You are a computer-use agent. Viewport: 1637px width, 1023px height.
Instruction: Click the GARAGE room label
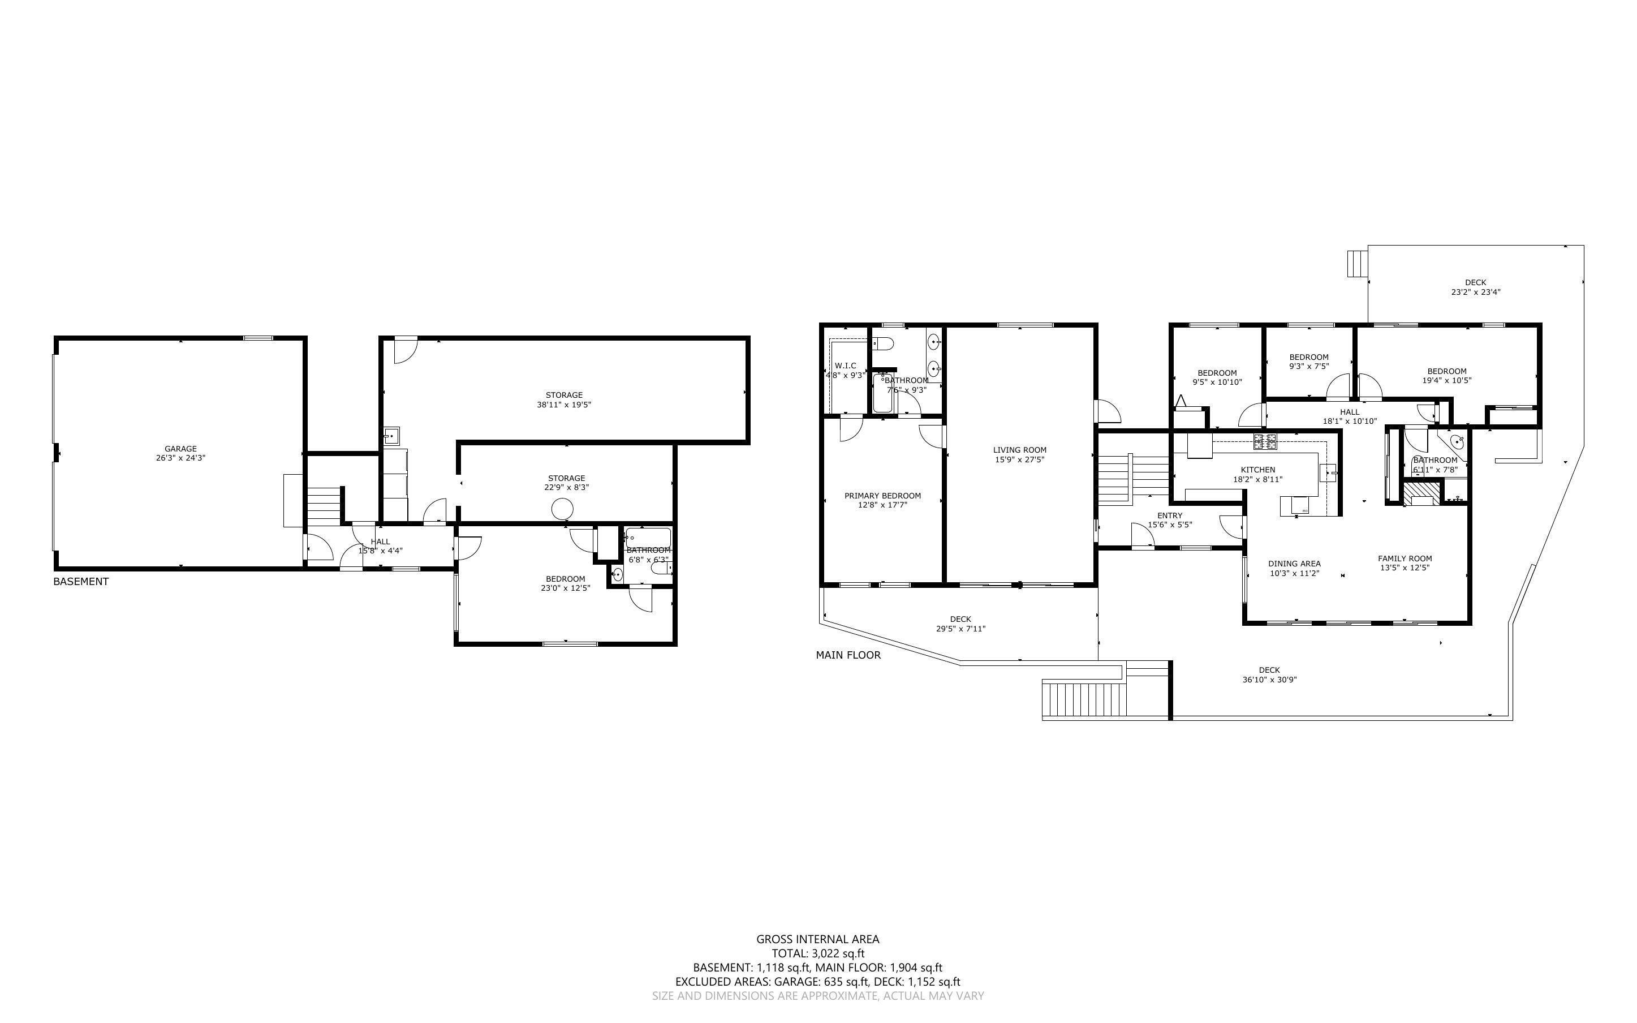click(180, 449)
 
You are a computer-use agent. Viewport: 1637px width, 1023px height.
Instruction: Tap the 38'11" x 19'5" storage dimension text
click(564, 405)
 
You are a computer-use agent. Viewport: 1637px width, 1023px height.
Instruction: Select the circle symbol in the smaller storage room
click(562, 509)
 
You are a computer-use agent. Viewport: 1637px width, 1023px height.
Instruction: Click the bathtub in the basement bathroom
click(648, 538)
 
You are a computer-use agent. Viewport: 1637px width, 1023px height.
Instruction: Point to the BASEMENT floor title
click(80, 581)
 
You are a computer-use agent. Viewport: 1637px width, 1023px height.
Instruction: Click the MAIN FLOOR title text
click(848, 655)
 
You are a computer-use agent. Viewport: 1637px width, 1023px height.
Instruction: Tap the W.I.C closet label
click(845, 366)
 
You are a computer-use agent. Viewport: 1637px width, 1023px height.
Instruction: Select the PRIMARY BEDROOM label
click(882, 495)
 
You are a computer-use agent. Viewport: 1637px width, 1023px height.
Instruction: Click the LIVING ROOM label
click(1020, 450)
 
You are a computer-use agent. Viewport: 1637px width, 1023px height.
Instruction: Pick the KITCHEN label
click(1257, 470)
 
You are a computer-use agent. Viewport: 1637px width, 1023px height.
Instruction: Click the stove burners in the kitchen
click(1265, 442)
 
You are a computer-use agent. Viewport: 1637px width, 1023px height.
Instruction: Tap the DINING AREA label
click(1294, 564)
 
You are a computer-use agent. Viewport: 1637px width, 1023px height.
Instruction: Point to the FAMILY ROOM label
click(1405, 558)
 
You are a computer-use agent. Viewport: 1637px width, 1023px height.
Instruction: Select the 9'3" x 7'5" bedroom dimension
click(1309, 366)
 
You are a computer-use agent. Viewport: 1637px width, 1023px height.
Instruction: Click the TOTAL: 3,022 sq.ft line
click(817, 953)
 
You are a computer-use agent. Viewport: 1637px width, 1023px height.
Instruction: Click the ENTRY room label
click(1170, 515)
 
